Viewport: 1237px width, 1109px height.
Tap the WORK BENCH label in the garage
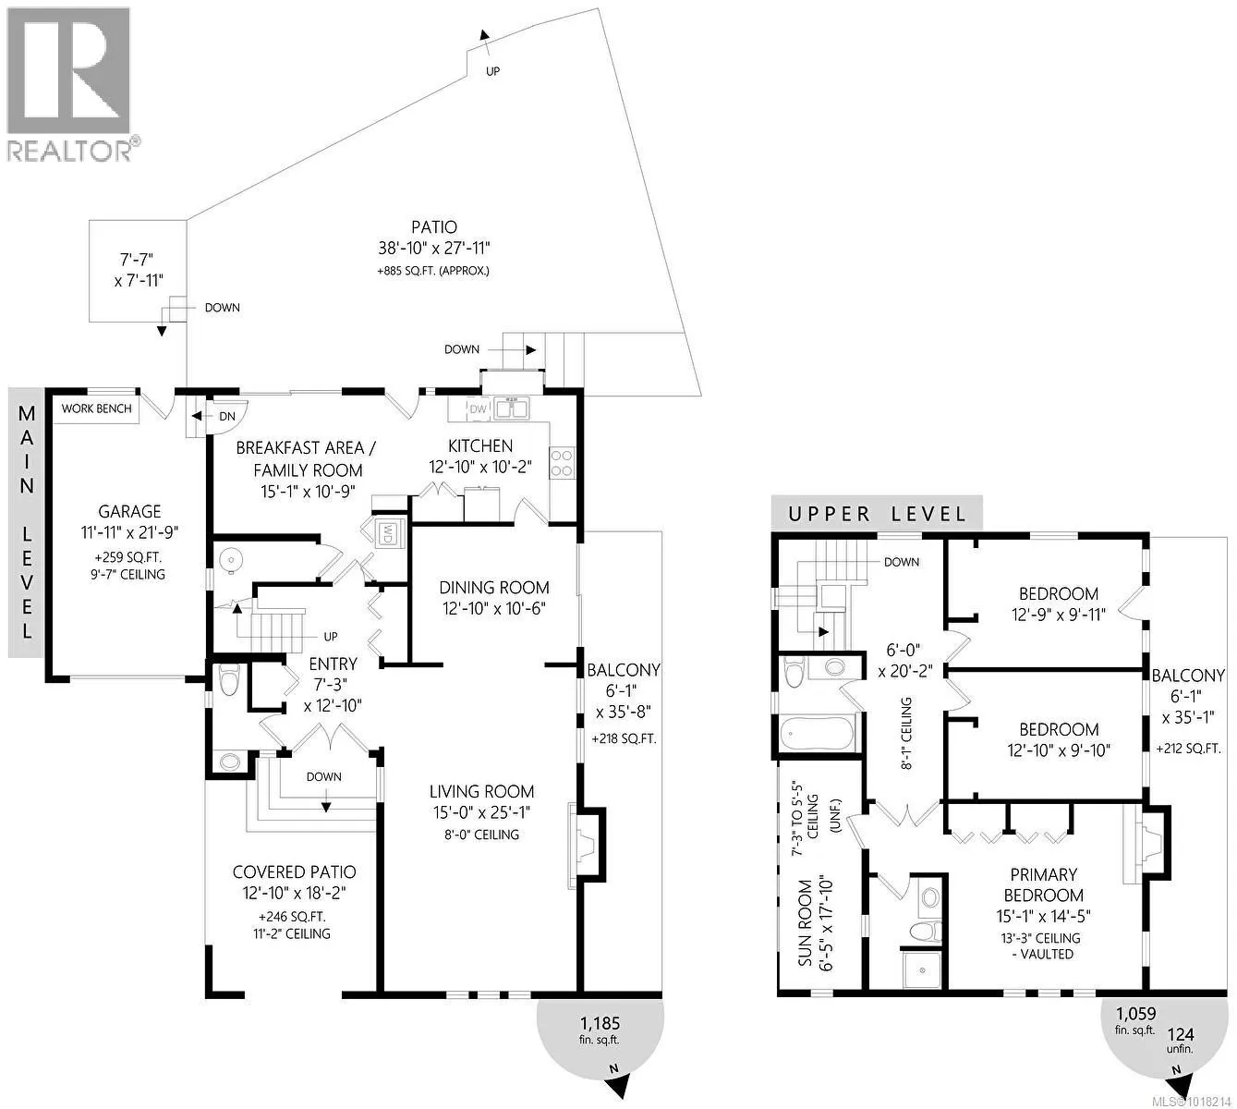97,408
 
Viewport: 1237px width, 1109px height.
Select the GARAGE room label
129,511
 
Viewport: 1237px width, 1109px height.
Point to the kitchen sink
509,408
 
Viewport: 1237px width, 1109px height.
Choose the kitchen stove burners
562,461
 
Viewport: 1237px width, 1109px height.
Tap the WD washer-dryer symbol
388,533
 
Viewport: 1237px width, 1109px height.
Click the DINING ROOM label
494,588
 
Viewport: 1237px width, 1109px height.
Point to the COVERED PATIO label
294,871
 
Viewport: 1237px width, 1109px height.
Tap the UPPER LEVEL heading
877,514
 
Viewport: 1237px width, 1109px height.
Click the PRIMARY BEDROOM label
1043,884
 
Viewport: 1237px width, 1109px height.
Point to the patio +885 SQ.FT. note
433,272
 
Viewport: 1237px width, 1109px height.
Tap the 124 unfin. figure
1180,1042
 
